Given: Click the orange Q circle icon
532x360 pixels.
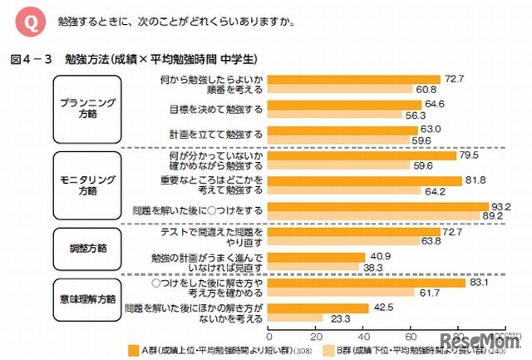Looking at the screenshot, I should pos(26,21).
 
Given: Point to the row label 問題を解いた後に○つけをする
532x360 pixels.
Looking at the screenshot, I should pos(204,209).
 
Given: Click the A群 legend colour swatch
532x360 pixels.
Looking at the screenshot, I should pos(134,350).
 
